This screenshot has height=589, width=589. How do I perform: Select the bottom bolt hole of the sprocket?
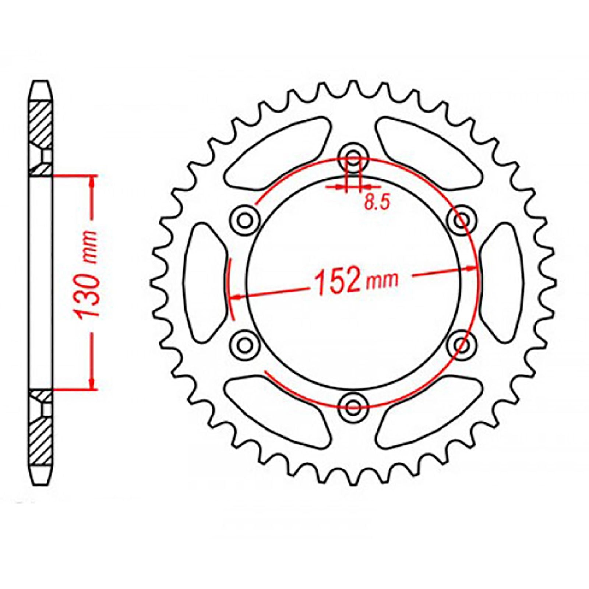[x=353, y=405]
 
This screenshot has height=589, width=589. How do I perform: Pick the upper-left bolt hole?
[x=243, y=221]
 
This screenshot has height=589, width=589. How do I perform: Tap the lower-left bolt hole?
[x=243, y=345]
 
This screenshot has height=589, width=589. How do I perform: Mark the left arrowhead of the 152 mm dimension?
[x=236, y=296]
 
